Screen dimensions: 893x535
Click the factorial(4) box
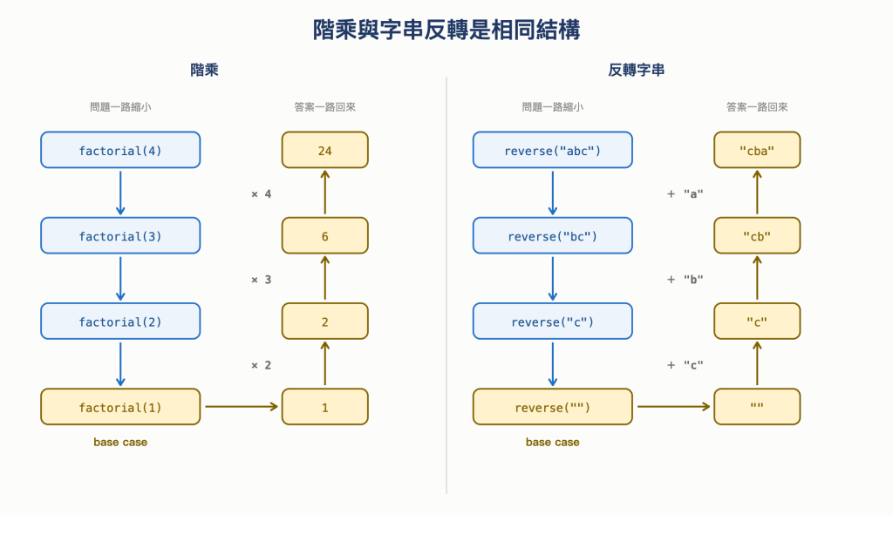pos(120,150)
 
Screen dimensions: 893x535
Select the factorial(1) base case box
pos(120,407)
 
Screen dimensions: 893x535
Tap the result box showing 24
pos(324,150)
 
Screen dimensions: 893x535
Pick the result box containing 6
pos(324,235)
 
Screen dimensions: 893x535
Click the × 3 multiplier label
pos(262,280)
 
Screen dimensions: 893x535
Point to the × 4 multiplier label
pos(262,194)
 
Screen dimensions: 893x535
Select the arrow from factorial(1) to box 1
pos(242,406)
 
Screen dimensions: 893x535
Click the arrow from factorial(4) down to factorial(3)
pos(120,193)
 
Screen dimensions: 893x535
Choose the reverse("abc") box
pos(552,150)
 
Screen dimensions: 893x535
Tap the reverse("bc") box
pos(552,235)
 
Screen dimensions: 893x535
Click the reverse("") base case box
pos(552,407)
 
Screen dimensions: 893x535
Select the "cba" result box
pos(757,150)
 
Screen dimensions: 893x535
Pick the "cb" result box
pos(757,235)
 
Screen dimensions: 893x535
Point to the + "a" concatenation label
pos(685,194)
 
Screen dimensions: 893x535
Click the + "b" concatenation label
pos(685,280)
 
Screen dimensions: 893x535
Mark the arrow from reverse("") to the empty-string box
pos(674,406)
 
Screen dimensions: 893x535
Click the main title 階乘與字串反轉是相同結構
pos(446,30)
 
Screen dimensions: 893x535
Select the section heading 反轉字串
pos(636,70)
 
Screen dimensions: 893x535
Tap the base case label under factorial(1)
pos(120,443)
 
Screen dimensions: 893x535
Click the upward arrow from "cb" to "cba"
pos(757,193)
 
